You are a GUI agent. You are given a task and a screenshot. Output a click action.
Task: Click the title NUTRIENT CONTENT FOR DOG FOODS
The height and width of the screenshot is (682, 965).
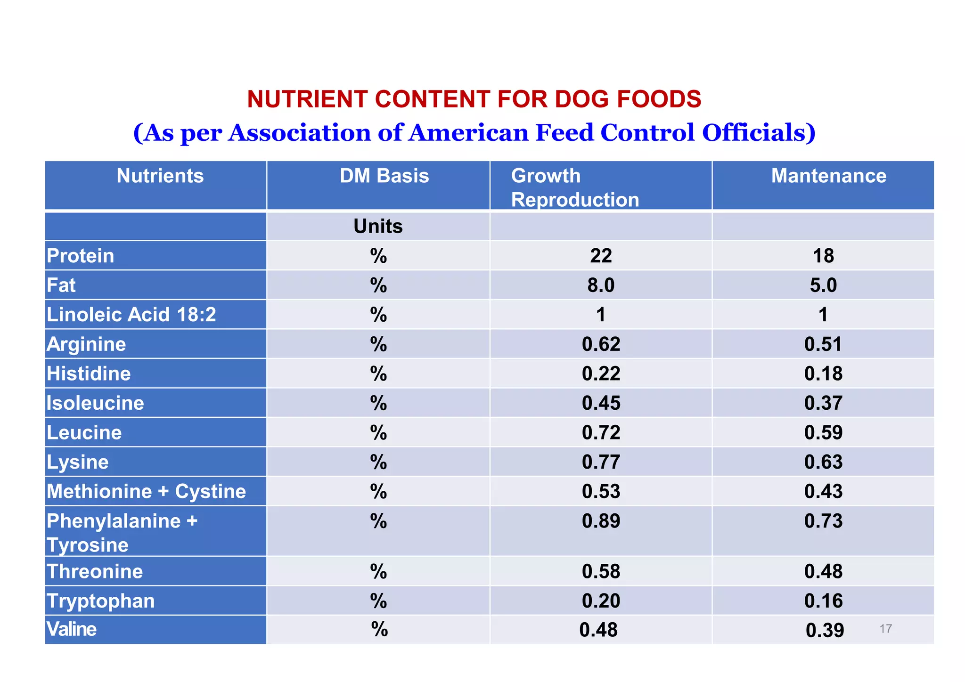[474, 99]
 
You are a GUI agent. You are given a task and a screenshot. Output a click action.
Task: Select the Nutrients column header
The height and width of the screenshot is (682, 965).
[160, 176]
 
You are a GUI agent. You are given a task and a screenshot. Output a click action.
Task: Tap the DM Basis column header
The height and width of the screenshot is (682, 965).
[384, 176]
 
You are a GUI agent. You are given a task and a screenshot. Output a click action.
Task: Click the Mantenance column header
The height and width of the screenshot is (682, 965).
[828, 176]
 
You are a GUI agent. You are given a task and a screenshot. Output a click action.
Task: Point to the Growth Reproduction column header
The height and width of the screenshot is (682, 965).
[574, 187]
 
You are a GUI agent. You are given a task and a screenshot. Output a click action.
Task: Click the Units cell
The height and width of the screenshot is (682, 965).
[378, 227]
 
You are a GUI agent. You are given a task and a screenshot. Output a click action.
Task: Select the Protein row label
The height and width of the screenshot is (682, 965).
[81, 256]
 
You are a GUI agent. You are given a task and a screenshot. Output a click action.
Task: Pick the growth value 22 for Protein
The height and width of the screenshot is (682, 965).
[601, 256]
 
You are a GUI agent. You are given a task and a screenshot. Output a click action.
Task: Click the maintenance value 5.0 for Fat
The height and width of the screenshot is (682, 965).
[823, 285]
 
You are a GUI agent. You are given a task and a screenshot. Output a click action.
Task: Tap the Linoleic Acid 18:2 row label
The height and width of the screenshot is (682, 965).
[131, 315]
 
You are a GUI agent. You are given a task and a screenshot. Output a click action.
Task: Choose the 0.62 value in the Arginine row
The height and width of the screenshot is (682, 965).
[601, 344]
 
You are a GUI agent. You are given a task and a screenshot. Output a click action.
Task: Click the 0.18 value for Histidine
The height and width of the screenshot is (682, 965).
[823, 373]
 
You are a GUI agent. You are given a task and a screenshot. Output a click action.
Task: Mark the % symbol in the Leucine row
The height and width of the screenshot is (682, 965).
[378, 432]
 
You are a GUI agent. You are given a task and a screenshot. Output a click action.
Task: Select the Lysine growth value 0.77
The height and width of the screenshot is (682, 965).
[601, 462]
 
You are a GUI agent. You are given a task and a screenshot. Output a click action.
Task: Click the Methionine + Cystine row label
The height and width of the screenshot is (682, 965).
[146, 491]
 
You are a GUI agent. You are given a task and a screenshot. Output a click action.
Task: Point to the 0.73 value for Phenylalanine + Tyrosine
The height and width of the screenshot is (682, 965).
[823, 521]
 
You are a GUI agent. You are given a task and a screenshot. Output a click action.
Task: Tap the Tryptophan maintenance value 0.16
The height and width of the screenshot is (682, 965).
[823, 601]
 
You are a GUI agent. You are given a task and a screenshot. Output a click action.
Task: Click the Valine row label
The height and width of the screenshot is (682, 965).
[72, 629]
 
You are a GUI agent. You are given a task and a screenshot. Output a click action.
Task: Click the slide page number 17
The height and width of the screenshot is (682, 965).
[885, 629]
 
